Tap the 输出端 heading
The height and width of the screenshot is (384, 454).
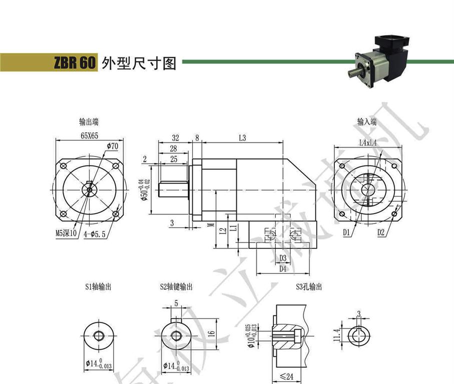click(x=89, y=121)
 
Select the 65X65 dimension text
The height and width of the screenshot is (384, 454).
click(x=89, y=135)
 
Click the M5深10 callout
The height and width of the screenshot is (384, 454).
click(x=66, y=233)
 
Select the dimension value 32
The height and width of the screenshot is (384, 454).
click(x=175, y=137)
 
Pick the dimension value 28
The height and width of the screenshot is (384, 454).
click(x=173, y=148)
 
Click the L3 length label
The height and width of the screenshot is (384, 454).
click(x=242, y=137)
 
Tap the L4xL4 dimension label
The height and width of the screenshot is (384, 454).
click(x=368, y=142)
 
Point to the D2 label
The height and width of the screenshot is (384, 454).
click(x=381, y=232)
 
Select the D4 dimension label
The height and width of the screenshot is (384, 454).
click(x=282, y=269)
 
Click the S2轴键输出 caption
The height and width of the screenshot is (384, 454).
click(x=176, y=287)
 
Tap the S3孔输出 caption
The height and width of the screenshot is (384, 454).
click(x=308, y=287)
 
